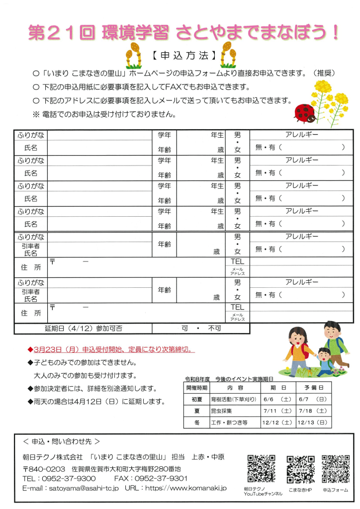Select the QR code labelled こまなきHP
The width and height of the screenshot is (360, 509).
[300, 469]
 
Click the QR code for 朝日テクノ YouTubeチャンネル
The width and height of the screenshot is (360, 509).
[262, 469]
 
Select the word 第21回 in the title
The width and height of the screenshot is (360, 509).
[59, 32]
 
